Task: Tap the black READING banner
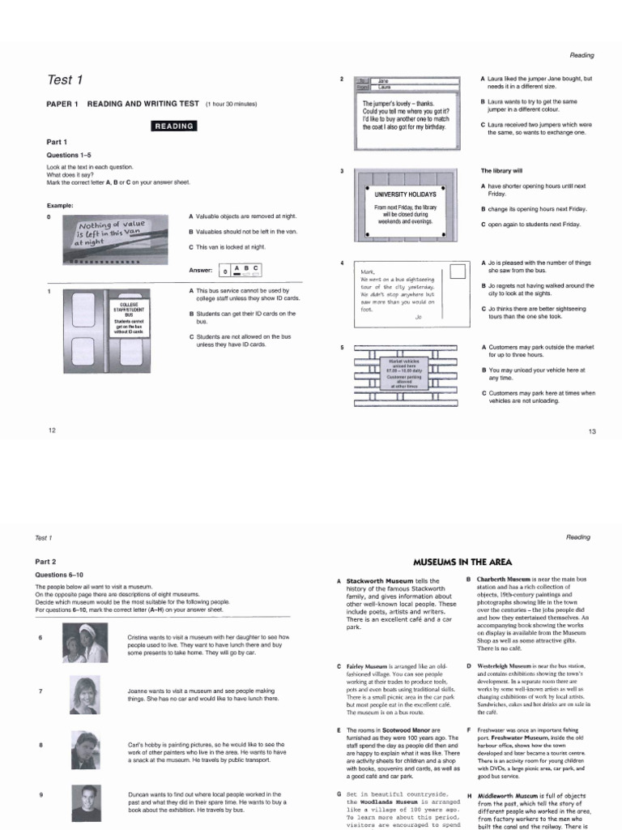click(174, 126)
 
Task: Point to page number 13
click(591, 431)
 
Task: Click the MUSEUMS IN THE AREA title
click(462, 560)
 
